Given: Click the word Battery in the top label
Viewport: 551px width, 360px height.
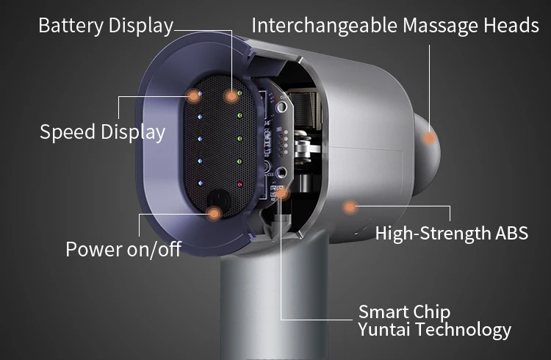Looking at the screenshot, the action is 71,26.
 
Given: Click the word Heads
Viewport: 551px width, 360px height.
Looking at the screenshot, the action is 512,26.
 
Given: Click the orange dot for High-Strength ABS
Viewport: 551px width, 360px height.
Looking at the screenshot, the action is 350,207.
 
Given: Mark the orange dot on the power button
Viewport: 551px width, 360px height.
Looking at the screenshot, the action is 215,214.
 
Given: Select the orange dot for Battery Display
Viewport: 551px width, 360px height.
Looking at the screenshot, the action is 232,95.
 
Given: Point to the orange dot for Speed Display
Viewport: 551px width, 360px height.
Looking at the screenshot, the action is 194,95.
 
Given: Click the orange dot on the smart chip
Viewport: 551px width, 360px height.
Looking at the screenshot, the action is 283,195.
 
